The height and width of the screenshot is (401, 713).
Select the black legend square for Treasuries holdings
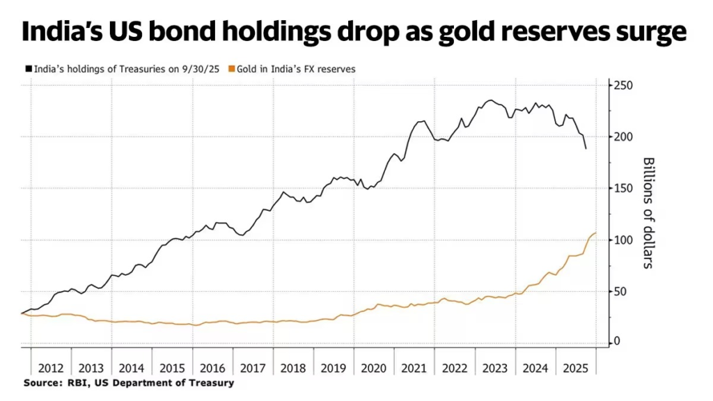pyautogui.click(x=29, y=69)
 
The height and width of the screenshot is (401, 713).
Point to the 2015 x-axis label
pyautogui.click(x=172, y=367)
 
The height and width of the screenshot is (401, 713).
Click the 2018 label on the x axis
pyautogui.click(x=293, y=367)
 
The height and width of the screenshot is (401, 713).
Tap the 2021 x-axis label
pyautogui.click(x=414, y=367)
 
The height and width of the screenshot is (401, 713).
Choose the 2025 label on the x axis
pyautogui.click(x=575, y=367)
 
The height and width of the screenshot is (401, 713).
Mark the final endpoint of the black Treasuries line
pyautogui.click(x=586, y=148)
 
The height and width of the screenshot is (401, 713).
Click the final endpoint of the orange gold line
pyautogui.click(x=596, y=233)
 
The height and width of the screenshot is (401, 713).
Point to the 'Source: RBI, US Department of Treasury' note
pyautogui.click(x=129, y=383)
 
